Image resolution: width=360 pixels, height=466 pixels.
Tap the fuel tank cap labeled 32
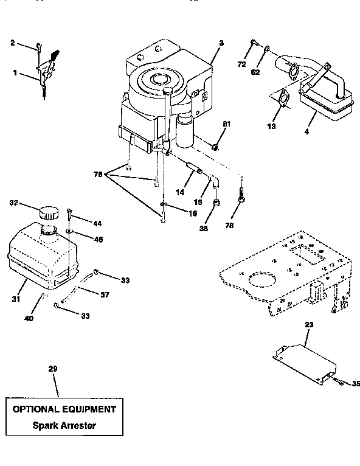coord(47,214)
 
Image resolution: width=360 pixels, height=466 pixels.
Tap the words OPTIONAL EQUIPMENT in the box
coord(64,409)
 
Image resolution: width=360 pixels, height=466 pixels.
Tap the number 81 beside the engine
coord(226,124)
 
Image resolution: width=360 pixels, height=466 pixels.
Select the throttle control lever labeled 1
coord(46,74)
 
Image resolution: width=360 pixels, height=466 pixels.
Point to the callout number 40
coord(29,318)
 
